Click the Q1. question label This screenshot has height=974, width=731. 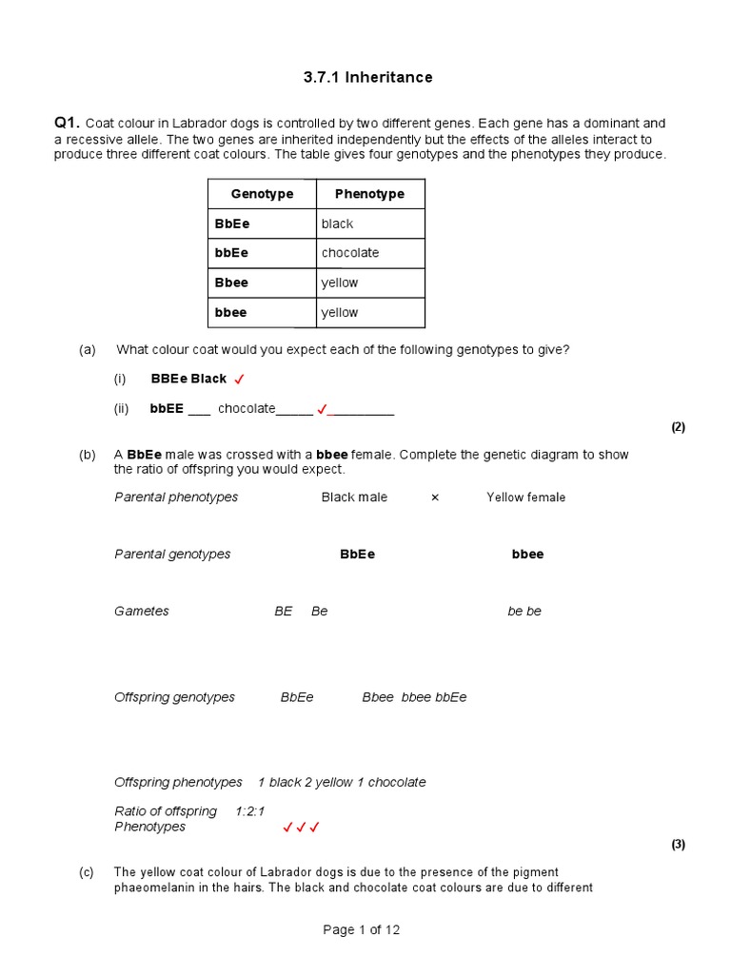click(x=67, y=123)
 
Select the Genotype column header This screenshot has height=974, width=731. click(x=262, y=194)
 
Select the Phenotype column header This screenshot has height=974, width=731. click(x=369, y=194)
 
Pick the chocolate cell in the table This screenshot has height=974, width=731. click(x=350, y=253)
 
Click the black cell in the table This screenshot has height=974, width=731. click(x=337, y=224)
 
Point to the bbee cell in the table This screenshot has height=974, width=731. click(x=231, y=312)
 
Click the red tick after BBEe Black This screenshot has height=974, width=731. click(x=240, y=380)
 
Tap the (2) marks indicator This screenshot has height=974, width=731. click(x=678, y=427)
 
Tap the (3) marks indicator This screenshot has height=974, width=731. click(x=678, y=844)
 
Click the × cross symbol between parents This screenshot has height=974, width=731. click(x=435, y=497)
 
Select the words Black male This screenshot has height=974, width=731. click(x=354, y=497)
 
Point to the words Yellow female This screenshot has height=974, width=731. click(x=525, y=497)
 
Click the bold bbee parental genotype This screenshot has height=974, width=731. click(x=527, y=555)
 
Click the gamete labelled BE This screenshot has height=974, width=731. click(x=284, y=612)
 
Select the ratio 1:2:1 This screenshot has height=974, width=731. click(x=249, y=811)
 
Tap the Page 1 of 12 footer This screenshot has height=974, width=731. click(x=362, y=930)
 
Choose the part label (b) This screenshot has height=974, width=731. click(x=88, y=455)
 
